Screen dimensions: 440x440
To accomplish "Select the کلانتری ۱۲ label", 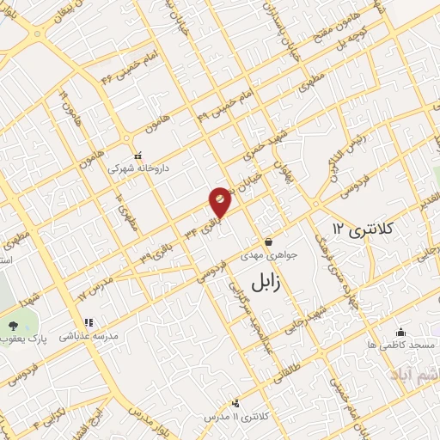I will pyautogui.click(x=362, y=228).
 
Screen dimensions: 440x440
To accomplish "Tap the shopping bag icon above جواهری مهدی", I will pyautogui.click(x=269, y=241).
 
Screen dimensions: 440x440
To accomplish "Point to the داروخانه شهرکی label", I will pyautogui.click(x=138, y=169).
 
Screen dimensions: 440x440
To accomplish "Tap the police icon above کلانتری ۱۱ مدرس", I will pyautogui.click(x=235, y=402).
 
